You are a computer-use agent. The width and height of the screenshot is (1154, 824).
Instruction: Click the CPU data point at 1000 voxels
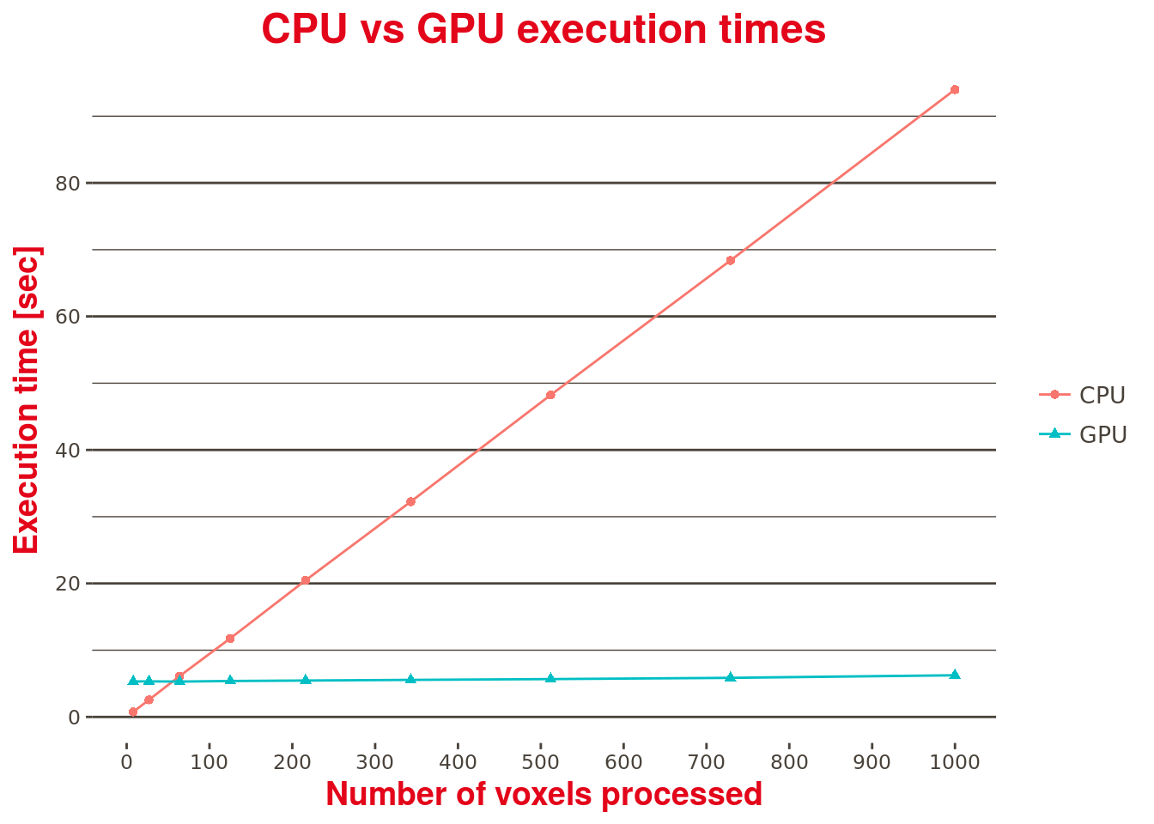point(954,89)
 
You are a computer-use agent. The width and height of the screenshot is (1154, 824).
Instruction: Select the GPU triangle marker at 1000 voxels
point(954,675)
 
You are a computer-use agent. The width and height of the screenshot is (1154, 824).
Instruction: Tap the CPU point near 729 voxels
point(730,260)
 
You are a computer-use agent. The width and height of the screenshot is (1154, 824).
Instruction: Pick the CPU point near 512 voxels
point(550,395)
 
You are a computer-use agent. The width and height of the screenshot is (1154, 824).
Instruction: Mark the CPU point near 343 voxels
point(410,501)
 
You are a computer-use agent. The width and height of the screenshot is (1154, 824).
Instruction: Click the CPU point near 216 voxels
point(305,580)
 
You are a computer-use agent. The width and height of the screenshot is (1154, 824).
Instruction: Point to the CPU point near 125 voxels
point(230,639)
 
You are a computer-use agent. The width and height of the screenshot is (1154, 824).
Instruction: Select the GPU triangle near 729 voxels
point(730,677)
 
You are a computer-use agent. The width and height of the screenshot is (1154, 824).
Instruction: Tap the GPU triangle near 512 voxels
point(550,678)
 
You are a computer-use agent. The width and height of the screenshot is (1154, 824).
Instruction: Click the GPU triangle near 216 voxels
point(305,680)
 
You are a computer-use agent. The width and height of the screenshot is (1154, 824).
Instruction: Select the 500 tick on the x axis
point(541,761)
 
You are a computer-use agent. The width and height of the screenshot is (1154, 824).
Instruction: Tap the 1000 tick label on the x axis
point(955,761)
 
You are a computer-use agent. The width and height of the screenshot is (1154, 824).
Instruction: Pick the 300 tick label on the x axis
point(375,761)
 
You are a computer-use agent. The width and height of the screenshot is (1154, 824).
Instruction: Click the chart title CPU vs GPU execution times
point(544,29)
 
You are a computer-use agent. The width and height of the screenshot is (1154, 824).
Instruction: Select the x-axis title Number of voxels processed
point(544,794)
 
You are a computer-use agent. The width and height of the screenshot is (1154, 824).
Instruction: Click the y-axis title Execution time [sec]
point(27,400)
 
